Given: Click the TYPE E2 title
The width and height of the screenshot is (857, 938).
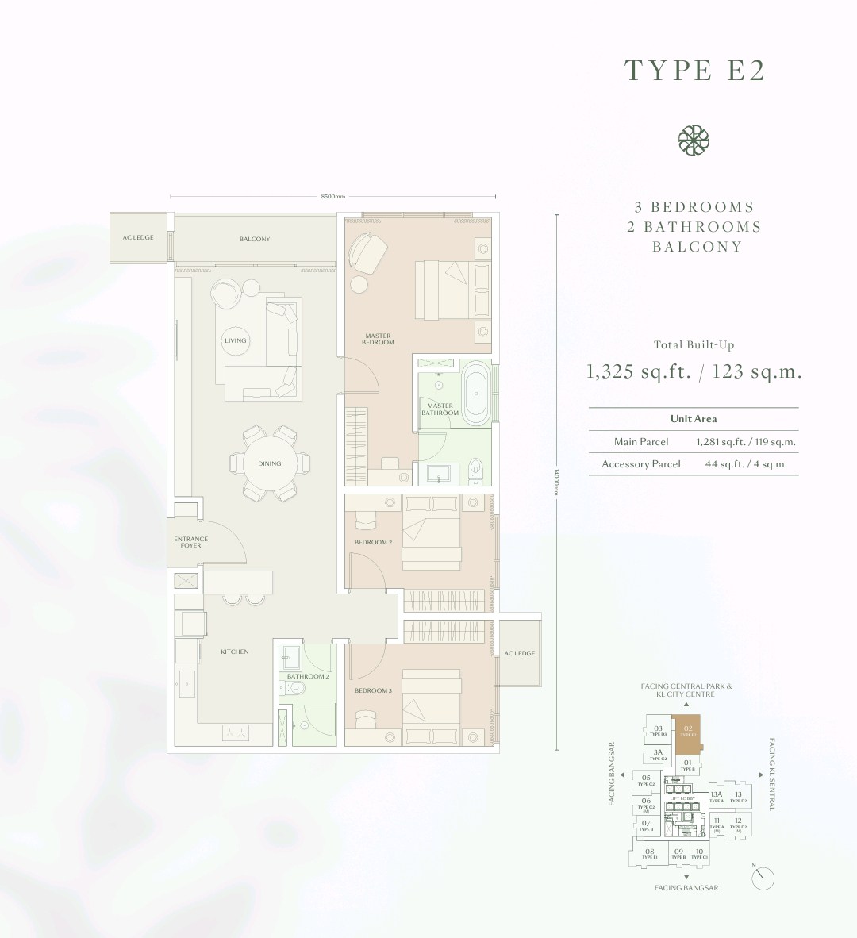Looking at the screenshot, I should (x=694, y=70).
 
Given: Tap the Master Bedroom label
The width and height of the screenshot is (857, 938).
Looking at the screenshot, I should (x=378, y=339).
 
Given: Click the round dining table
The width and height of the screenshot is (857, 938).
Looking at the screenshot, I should (x=269, y=463).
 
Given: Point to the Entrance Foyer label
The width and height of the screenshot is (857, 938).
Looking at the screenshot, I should (x=190, y=542).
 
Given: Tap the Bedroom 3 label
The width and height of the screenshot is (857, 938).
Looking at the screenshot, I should (x=372, y=690).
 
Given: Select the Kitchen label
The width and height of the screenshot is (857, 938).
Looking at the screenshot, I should (x=235, y=652).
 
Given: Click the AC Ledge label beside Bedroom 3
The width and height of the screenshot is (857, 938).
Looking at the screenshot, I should (x=520, y=653).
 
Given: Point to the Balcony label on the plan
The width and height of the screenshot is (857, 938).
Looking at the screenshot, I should (x=255, y=239).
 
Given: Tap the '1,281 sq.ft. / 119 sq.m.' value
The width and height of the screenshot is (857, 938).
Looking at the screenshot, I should (x=746, y=442).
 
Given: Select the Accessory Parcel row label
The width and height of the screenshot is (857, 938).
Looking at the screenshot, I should (x=641, y=464).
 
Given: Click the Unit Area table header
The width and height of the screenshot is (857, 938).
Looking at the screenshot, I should (x=694, y=418).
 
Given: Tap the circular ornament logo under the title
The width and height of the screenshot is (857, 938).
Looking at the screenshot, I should (x=693, y=140).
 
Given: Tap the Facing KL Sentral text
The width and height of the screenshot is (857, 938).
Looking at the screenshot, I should (x=771, y=774).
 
